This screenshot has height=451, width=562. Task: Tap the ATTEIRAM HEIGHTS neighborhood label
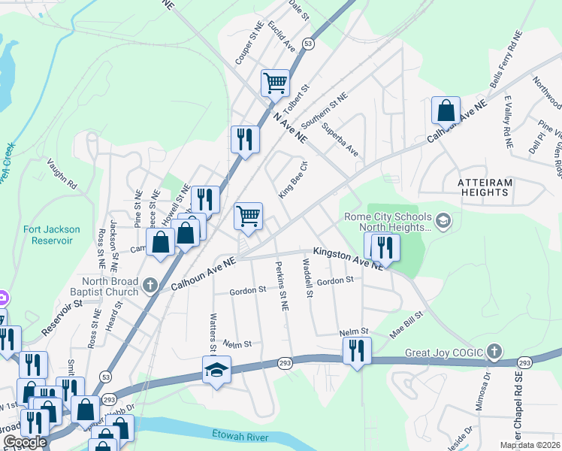click(x=494, y=187)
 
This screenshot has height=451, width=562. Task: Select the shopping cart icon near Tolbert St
click(x=276, y=83)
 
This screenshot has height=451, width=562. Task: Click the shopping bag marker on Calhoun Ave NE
click(x=446, y=110)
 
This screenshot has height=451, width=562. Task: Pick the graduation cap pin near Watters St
click(x=216, y=370)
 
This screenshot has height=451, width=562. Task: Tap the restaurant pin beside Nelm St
click(x=357, y=351)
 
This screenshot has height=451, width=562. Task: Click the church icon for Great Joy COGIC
click(x=494, y=351)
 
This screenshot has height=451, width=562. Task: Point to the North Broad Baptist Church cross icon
click(x=150, y=285)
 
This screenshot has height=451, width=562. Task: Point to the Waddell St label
click(x=307, y=279)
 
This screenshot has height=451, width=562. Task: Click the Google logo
click(x=25, y=442)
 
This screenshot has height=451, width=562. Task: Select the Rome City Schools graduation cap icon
click(x=443, y=220)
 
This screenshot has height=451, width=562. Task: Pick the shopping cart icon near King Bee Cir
click(x=248, y=216)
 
